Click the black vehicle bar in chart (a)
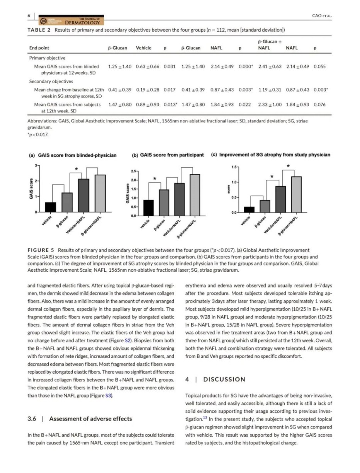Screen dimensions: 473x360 pos(50,207)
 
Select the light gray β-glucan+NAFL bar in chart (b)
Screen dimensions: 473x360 pos(195,195)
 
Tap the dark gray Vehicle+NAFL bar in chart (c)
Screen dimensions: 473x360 pos(280,199)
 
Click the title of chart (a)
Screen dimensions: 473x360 pos(73,155)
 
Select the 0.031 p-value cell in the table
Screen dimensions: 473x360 pos(170,66)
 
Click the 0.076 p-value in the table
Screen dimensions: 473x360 pos(319,104)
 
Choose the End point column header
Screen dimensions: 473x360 pos(39,48)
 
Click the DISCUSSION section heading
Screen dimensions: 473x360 pos(224,379)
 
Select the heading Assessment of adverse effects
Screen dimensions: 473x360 pos(90,419)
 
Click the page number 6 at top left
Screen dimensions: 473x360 pos(29,15)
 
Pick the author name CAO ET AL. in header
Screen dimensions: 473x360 pos(322,16)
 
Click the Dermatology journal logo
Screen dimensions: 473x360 pos(71,20)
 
